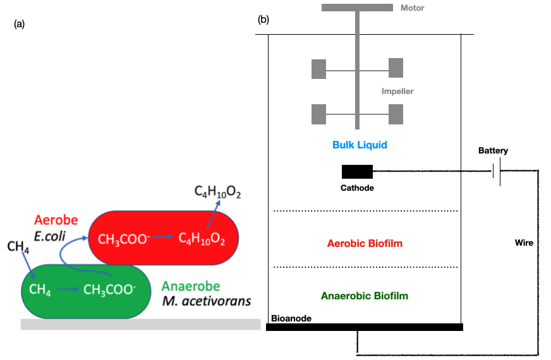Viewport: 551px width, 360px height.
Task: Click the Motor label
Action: click(x=412, y=8)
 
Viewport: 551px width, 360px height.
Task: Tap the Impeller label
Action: click(x=397, y=92)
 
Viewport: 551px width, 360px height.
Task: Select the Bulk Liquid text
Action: click(x=360, y=145)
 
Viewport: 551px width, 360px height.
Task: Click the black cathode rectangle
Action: click(x=357, y=171)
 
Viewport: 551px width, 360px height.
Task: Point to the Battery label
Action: click(x=493, y=151)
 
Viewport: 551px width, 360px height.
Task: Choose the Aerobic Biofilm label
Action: click(x=365, y=244)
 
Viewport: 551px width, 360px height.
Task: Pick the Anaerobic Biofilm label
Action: click(x=365, y=296)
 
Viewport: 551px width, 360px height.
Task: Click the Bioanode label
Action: click(x=291, y=318)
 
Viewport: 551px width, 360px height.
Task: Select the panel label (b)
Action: click(x=263, y=20)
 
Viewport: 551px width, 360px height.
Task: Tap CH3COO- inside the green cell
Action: click(x=109, y=291)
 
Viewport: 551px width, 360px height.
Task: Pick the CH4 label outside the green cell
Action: click(x=17, y=246)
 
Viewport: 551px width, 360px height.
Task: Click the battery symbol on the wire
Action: click(x=497, y=171)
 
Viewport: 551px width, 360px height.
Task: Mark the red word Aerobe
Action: click(x=56, y=220)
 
